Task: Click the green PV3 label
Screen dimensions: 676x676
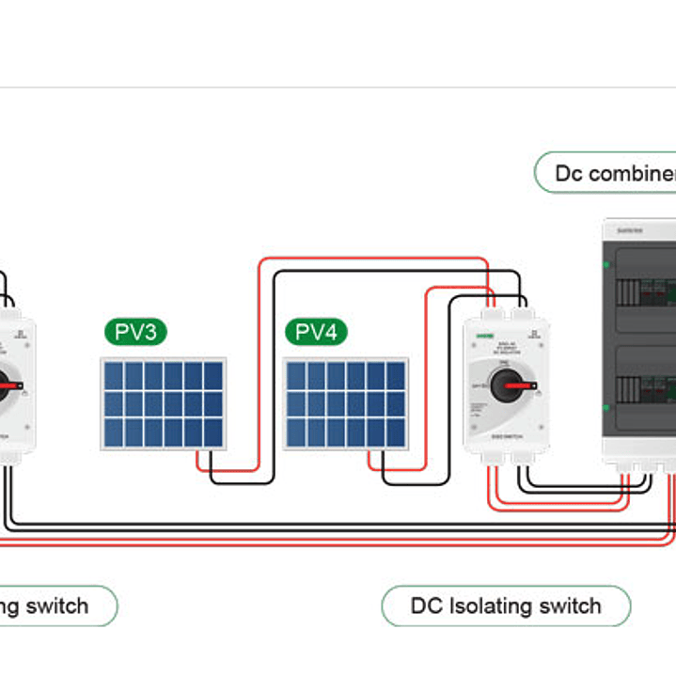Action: [135, 332]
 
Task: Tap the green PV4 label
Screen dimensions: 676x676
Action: [316, 332]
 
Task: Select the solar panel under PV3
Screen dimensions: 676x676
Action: [164, 403]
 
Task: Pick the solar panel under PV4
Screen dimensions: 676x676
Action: [346, 403]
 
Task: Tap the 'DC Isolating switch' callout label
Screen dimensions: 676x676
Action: [505, 605]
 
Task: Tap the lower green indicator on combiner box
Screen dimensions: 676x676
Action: [606, 407]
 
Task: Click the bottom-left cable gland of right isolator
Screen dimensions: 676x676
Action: [492, 458]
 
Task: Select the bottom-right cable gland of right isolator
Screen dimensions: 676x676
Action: [524, 458]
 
